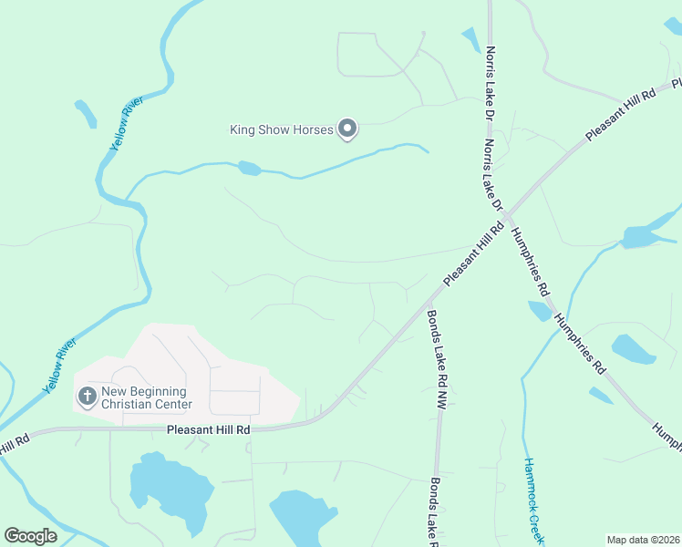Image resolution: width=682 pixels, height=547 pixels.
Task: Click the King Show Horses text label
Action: click(x=281, y=130)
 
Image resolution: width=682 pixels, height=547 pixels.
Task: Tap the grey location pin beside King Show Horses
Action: click(x=347, y=130)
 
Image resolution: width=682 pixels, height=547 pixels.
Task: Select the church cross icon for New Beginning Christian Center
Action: click(x=87, y=396)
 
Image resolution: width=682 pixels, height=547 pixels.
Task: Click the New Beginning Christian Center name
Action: click(x=147, y=397)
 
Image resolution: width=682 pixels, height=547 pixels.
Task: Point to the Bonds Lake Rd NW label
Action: click(x=434, y=360)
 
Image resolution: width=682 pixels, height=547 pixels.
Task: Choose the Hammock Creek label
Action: click(x=533, y=501)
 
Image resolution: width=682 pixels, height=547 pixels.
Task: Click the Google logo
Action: click(x=31, y=535)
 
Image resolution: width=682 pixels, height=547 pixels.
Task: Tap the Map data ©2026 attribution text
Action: click(x=643, y=540)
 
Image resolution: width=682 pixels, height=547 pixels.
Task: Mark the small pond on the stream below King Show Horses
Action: click(x=249, y=168)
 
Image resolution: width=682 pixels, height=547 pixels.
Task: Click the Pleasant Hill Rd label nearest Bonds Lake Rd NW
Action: click(x=473, y=254)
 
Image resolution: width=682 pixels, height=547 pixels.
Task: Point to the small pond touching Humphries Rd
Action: click(x=541, y=311)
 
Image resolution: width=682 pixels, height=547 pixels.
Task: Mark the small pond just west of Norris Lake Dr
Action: click(x=470, y=39)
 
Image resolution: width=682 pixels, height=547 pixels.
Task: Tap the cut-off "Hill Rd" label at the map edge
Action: click(x=15, y=444)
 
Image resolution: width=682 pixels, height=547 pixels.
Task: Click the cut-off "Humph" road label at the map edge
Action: click(x=667, y=437)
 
